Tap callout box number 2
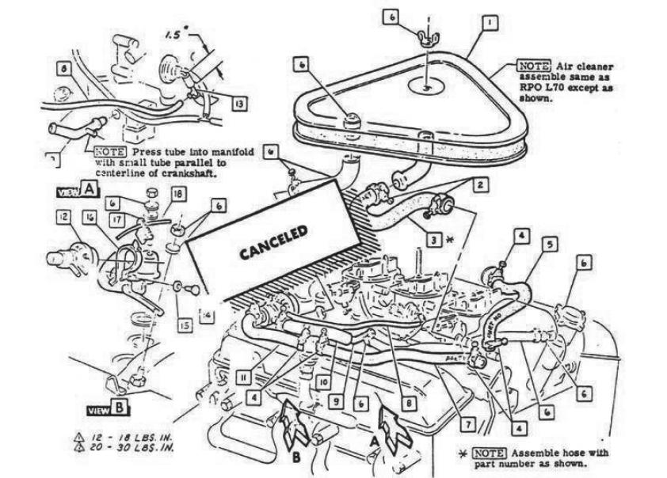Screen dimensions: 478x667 pos(479,184)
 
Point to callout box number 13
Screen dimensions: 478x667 pos(238,103)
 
